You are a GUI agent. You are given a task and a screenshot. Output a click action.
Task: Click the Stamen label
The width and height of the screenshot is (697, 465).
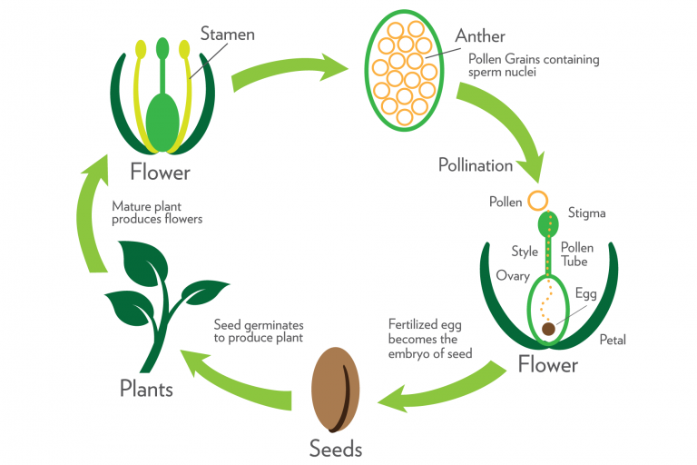pos(229,35)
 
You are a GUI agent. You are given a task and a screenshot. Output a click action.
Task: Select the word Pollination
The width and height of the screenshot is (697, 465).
pos(476,165)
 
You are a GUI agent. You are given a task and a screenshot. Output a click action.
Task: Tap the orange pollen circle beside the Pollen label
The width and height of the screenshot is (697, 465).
pos(538,201)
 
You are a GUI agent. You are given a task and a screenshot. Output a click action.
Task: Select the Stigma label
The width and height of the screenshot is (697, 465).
pos(586,213)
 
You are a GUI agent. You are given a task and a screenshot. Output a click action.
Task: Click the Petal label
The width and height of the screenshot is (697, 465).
pos(613,341)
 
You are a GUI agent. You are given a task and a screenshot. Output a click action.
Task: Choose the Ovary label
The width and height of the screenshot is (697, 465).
pos(513,275)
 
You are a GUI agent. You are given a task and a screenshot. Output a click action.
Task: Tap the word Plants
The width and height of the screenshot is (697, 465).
pos(146,390)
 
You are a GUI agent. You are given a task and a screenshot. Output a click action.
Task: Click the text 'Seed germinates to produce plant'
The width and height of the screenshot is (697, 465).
pos(259,331)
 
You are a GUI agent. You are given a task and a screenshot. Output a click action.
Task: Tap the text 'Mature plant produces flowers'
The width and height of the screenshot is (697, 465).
pos(157,213)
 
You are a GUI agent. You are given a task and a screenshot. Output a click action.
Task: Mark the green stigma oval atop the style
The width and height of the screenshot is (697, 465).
pos(548,223)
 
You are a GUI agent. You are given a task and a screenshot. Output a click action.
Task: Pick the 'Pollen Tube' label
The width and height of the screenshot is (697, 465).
pos(576,254)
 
